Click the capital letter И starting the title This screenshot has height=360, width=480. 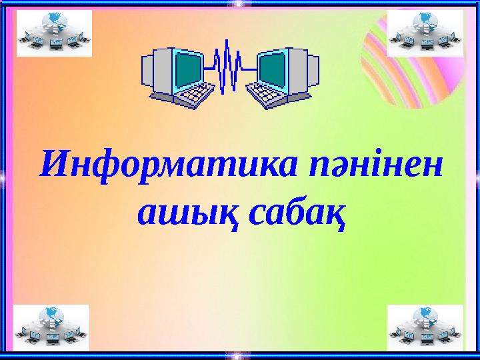pyautogui.click(x=53, y=162)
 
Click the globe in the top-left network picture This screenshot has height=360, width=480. pyautogui.click(x=51, y=19)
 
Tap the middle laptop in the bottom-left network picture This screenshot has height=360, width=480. pyautogui.click(x=51, y=341)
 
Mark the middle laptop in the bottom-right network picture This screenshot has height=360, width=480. pyautogui.click(x=424, y=341)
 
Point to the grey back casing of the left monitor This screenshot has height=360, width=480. pyautogui.click(x=156, y=70)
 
